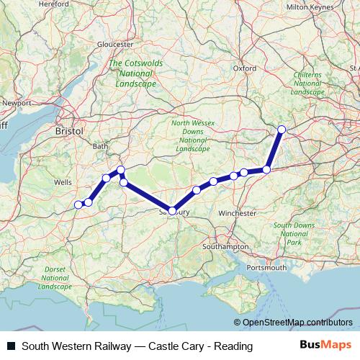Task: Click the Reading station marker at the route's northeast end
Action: pos(282,130)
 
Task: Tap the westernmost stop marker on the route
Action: pos(78,205)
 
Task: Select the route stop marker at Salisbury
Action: pos(172,210)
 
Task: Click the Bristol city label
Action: pos(69,132)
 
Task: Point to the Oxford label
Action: pos(245,68)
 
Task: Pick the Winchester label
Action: pos(238,214)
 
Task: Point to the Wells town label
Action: pos(63,183)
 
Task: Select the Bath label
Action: pos(100,146)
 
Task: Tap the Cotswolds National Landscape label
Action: pos(132,73)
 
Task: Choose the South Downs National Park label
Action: pos(293,234)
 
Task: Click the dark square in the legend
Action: pos(11,346)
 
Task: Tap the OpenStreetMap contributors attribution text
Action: pos(297,323)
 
